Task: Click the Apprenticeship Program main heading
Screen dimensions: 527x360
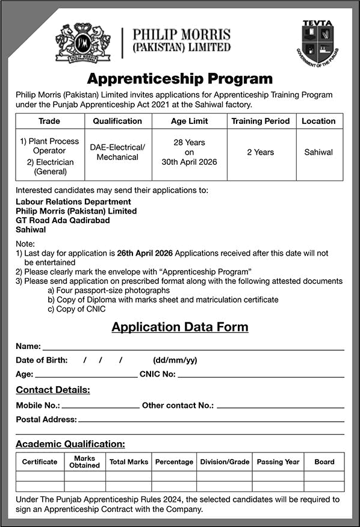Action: [x=180, y=79]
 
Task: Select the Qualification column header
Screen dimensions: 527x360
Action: [x=117, y=121]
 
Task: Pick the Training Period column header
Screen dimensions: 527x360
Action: [x=260, y=121]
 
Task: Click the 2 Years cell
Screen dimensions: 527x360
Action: [x=260, y=152]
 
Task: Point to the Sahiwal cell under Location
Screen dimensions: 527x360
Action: [x=318, y=152]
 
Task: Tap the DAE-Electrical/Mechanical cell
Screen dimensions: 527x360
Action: [x=117, y=152]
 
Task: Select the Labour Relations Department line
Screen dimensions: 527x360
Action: [x=73, y=202]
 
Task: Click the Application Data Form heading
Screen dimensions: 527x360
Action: [x=180, y=327]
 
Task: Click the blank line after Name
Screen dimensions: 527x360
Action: [x=193, y=348]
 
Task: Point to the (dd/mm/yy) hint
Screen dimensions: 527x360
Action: [x=175, y=360]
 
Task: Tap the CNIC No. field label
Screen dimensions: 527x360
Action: [x=157, y=374]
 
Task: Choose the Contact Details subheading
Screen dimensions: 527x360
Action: [x=53, y=390]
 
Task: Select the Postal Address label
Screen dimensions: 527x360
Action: [x=46, y=419]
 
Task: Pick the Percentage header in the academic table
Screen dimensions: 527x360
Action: [x=174, y=462]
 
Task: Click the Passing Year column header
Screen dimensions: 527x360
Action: [x=278, y=462]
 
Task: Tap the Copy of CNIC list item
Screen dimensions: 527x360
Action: [x=76, y=309]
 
